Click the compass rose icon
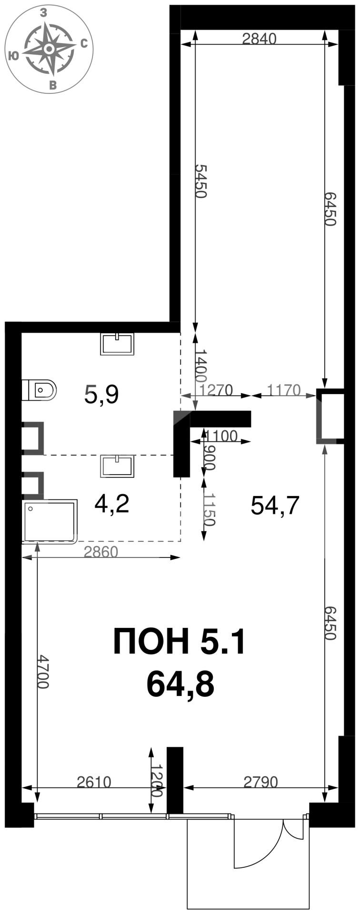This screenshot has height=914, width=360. [x=49, y=49]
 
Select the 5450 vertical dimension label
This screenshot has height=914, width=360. [x=202, y=181]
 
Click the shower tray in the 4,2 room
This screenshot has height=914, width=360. [x=50, y=520]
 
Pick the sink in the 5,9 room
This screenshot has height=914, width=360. [x=117, y=344]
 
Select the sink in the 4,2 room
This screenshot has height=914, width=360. [x=117, y=466]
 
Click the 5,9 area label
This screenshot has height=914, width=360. [x=101, y=395]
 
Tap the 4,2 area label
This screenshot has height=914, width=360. [x=112, y=504]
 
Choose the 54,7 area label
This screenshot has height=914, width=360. [x=275, y=505]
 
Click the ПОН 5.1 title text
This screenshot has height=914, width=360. [x=179, y=641]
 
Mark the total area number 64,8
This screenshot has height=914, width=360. [x=180, y=684]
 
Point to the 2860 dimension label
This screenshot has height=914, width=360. [x=100, y=552]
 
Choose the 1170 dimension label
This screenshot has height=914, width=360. [x=284, y=390]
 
